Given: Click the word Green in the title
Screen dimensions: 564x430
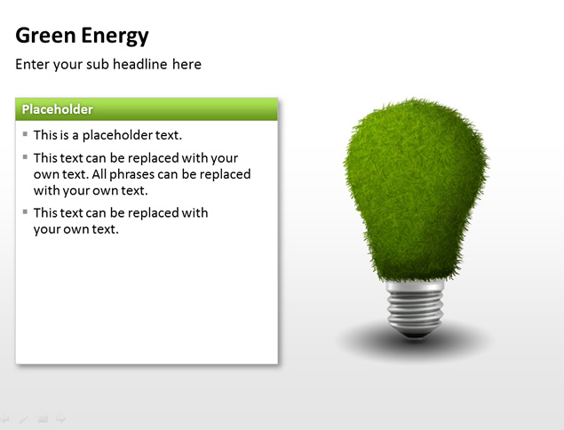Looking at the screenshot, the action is point(45,36).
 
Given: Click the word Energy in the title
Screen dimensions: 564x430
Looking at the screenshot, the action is point(115,37).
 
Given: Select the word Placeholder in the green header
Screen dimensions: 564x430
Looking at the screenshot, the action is point(57,109).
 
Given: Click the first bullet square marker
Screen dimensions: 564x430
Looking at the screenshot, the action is point(25,134).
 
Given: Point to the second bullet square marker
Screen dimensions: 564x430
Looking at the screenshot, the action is point(25,157).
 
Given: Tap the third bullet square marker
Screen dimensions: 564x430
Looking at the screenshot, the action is point(25,211).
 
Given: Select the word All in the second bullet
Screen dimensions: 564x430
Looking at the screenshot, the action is point(99,174).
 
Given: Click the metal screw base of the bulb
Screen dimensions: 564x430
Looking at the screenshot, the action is point(415,307).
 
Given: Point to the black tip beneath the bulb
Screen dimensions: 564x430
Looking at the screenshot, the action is point(415,335).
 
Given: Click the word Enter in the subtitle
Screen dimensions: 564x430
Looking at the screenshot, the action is point(32,64).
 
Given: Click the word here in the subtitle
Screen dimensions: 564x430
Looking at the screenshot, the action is point(187,64).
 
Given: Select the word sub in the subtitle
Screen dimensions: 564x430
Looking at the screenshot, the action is point(98,64).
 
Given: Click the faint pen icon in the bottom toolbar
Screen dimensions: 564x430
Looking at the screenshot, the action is point(24,419).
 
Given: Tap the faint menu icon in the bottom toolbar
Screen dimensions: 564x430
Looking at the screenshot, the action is point(44,419).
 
